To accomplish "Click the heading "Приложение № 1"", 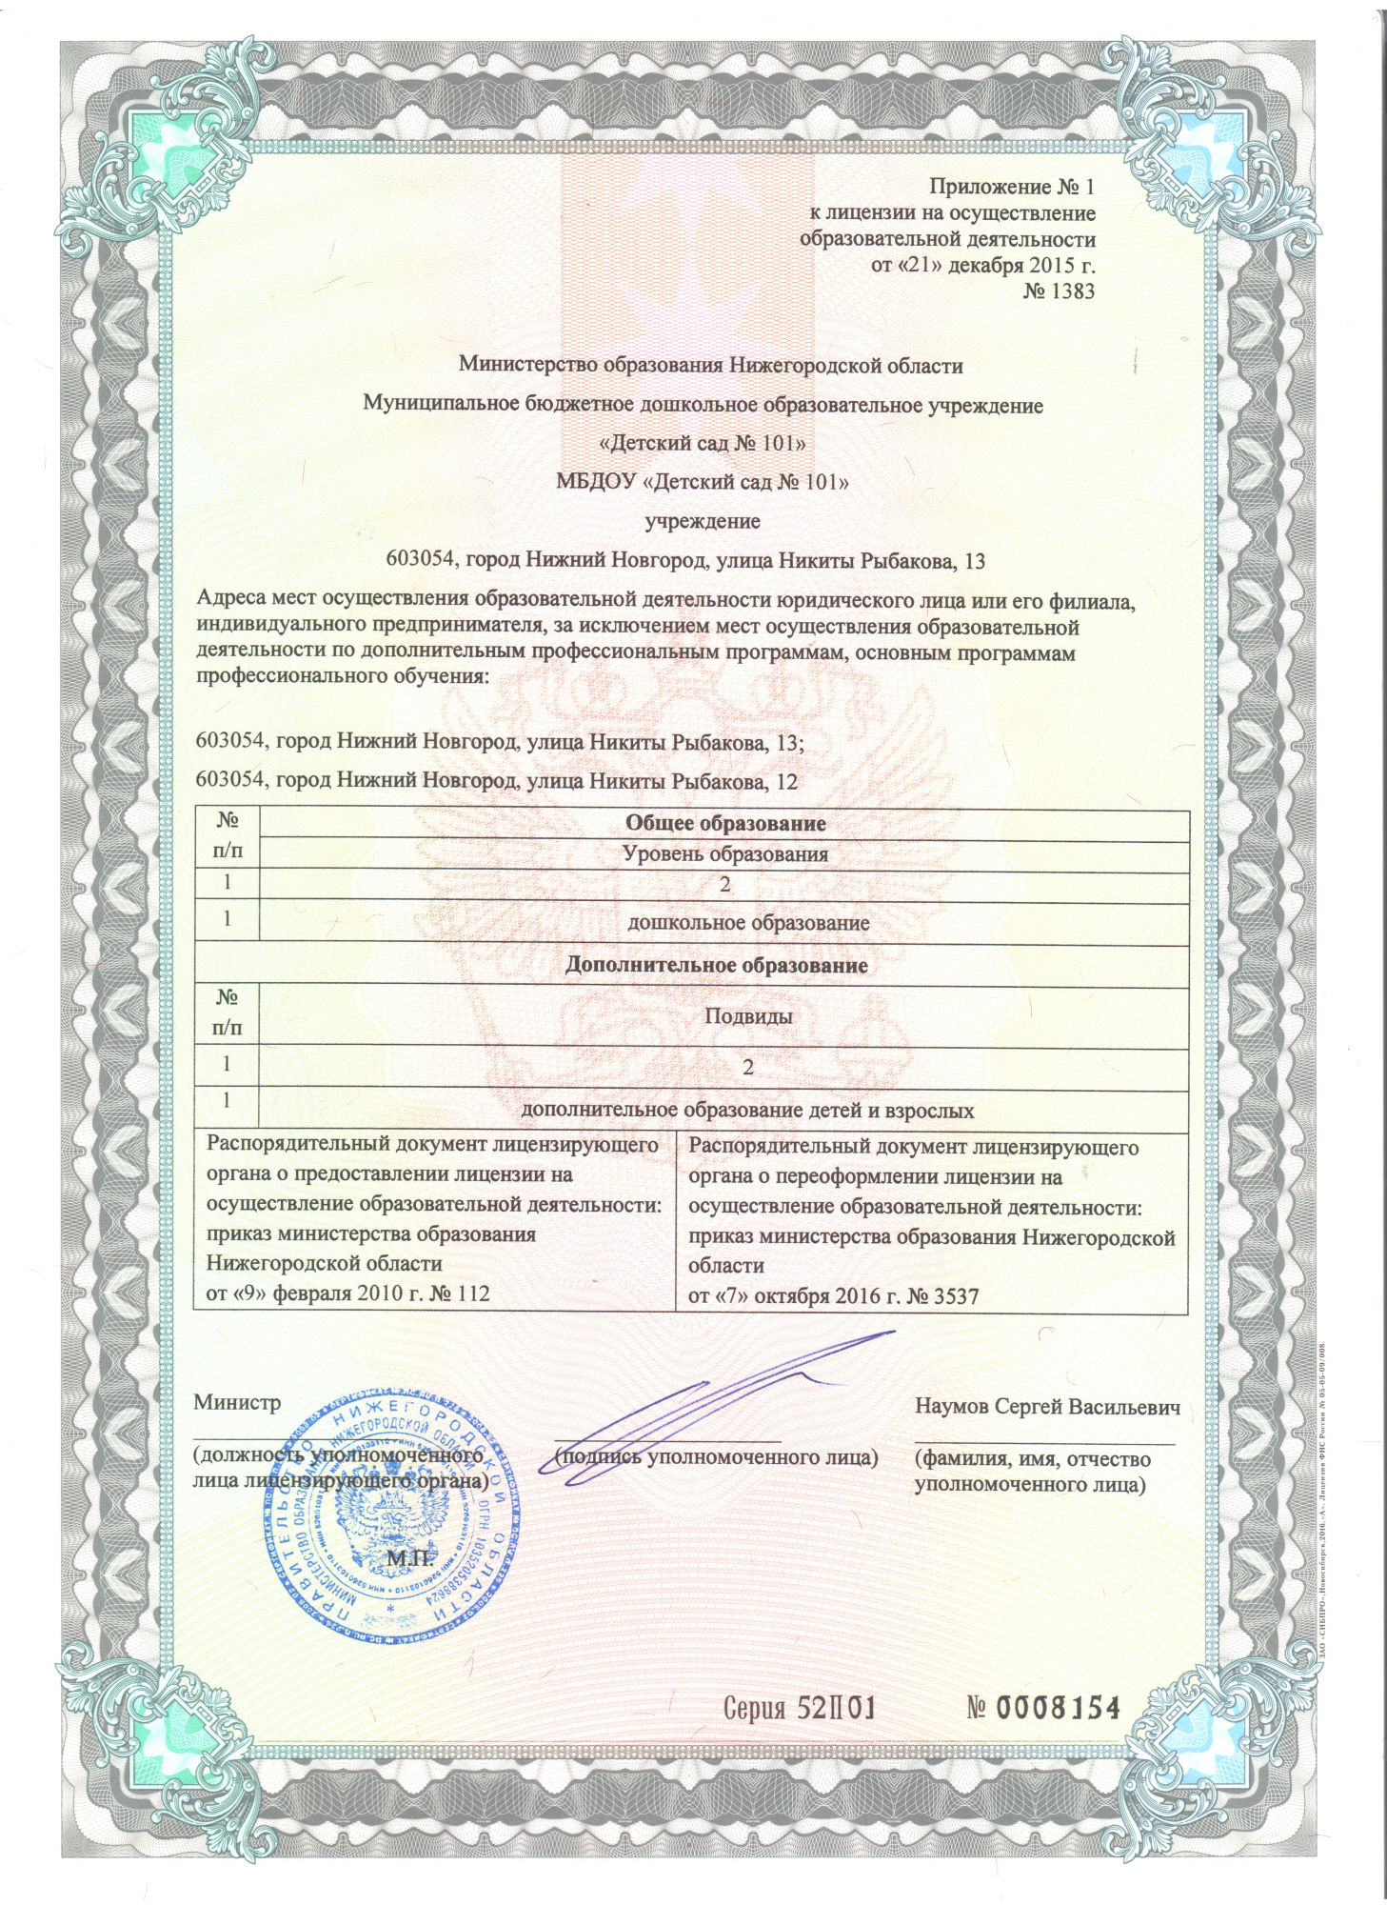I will (x=1012, y=187).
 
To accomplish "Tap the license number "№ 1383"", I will (x=1059, y=291).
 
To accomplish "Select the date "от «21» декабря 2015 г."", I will (x=982, y=265).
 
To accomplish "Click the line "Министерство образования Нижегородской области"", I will (x=710, y=365).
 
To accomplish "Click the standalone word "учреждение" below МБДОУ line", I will (x=703, y=521).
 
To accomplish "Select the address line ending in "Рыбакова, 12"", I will (x=495, y=781).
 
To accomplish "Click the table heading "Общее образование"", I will (x=724, y=823).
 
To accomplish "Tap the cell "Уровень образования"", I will (x=724, y=853).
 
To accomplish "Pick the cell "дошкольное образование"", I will (x=748, y=923).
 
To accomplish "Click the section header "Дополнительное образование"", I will (x=716, y=965).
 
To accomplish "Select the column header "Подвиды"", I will (x=748, y=1015).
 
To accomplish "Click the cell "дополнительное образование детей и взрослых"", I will (x=747, y=1110).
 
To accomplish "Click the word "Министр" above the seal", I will (x=237, y=1403).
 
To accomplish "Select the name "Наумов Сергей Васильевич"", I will (x=1047, y=1407).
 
